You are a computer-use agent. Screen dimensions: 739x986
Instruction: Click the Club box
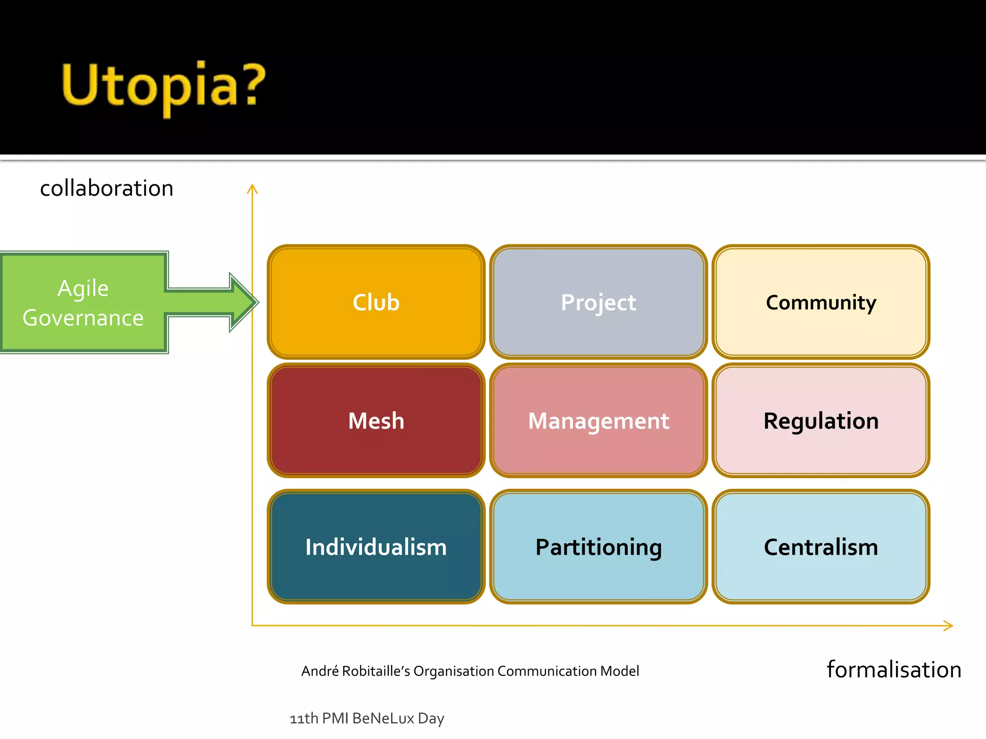tap(376, 302)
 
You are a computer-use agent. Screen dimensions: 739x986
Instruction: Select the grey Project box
tap(598, 302)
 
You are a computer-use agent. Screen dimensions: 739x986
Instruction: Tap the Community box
tap(821, 302)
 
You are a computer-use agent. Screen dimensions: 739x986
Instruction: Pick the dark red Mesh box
tap(376, 421)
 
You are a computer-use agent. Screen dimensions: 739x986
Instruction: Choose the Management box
tap(598, 421)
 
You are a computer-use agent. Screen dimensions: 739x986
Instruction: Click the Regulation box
tap(821, 421)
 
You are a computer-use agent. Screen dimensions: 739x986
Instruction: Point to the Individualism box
tap(376, 547)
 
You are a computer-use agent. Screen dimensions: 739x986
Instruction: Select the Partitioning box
tap(598, 547)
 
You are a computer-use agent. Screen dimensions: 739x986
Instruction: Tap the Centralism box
tap(821, 547)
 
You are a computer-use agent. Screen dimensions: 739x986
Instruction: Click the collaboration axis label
tap(106, 188)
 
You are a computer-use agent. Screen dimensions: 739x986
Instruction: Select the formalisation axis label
tap(894, 670)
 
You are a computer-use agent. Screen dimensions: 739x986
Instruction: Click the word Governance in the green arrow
tap(83, 318)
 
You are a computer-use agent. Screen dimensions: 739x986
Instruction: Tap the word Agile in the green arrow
tap(83, 288)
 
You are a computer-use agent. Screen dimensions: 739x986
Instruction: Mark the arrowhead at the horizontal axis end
tap(950, 625)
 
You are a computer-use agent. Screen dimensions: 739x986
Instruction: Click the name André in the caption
tap(320, 671)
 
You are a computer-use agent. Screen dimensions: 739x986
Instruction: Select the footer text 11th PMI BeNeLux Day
tap(367, 718)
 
